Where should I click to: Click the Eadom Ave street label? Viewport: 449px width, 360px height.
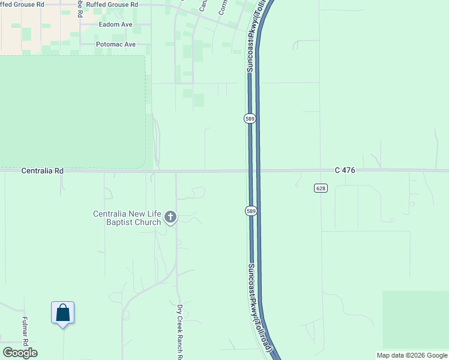click(115, 25)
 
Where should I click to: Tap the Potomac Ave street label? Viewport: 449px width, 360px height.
click(116, 44)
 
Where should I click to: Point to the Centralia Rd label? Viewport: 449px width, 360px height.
click(42, 171)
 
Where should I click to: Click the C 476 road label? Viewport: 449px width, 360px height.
click(345, 170)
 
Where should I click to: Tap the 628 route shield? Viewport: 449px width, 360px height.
click(321, 188)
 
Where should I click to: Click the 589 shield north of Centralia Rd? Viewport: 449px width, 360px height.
click(250, 119)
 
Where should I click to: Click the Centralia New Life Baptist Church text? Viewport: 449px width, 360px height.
click(127, 218)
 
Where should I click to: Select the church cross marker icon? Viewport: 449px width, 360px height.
click(170, 217)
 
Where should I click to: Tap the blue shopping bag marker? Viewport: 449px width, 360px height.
click(62, 313)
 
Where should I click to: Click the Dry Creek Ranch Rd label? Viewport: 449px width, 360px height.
click(179, 331)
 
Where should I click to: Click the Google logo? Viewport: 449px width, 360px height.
click(20, 353)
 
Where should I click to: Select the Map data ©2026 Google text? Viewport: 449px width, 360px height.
click(412, 355)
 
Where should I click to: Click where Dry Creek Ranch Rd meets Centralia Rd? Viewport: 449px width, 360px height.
click(176, 172)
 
